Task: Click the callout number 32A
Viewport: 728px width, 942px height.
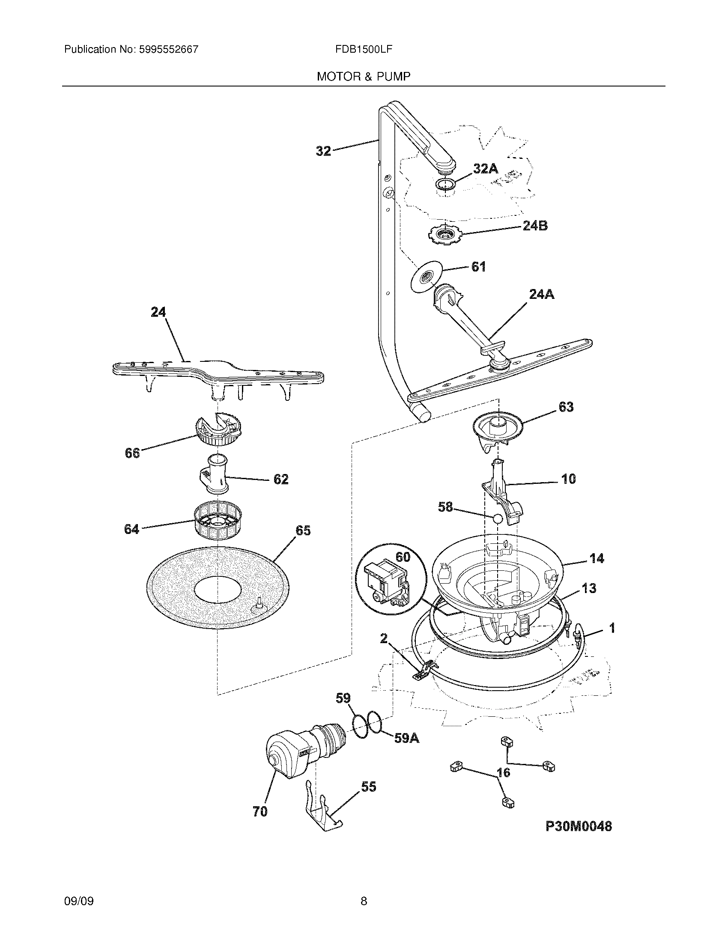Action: (x=486, y=169)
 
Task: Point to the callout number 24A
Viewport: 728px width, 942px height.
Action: (x=541, y=294)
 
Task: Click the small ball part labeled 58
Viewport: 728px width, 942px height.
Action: (x=498, y=519)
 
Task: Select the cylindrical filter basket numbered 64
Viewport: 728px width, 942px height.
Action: (x=217, y=521)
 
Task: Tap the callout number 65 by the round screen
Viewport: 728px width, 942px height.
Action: (x=303, y=530)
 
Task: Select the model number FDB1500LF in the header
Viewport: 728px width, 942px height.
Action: (x=363, y=49)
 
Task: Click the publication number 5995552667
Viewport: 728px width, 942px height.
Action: (x=168, y=49)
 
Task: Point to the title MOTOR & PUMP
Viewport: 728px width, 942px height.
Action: (x=363, y=77)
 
